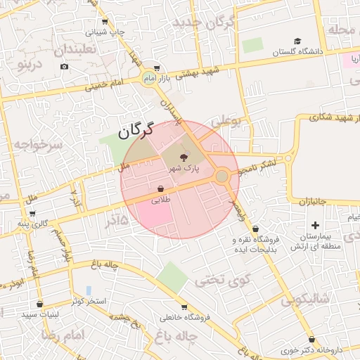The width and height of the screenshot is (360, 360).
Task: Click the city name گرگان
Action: tap(136, 131)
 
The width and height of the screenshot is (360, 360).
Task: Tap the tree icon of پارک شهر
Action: tap(184, 157)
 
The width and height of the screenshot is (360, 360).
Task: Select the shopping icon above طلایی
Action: tap(162, 189)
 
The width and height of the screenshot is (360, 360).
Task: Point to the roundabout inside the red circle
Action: tap(222, 176)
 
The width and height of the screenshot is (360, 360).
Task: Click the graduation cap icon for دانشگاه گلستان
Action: tap(298, 41)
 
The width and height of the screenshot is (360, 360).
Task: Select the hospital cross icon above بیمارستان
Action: tap(315, 226)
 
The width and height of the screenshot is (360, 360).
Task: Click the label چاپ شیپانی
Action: tap(105, 32)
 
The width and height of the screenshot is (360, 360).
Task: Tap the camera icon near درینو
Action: tap(64, 67)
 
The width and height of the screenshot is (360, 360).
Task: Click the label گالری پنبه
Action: tap(33, 224)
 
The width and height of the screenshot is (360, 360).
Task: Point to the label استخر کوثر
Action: tap(87, 302)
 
